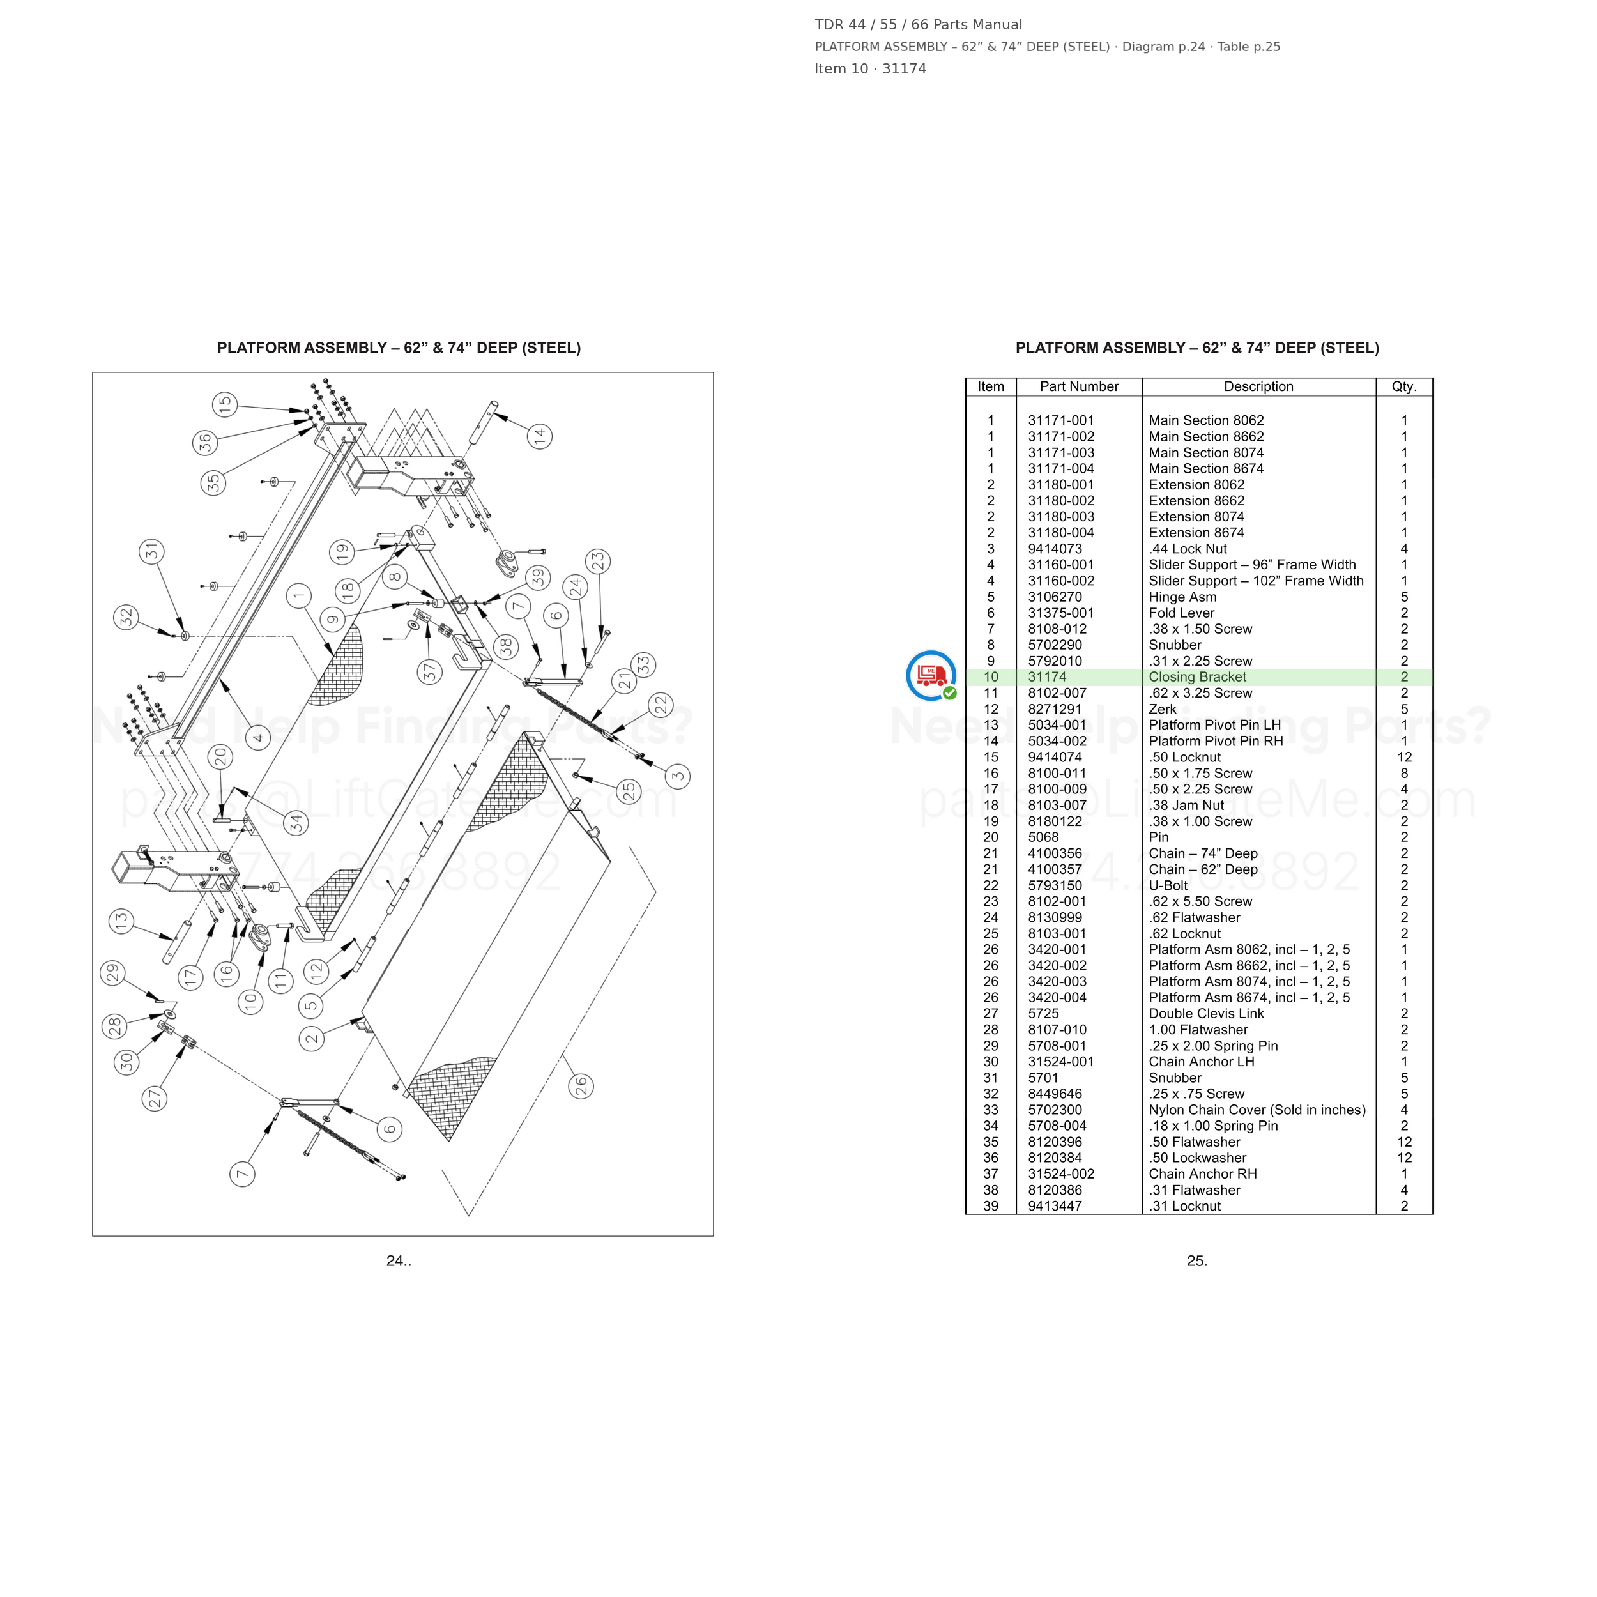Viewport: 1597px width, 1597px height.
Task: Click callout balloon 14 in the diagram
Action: click(x=540, y=436)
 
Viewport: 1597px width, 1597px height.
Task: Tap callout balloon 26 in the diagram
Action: click(x=581, y=1085)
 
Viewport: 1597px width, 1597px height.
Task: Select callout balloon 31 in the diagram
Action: click(x=151, y=551)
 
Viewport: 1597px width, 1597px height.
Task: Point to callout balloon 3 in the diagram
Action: click(x=678, y=776)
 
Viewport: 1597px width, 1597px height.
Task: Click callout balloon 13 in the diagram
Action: click(x=121, y=921)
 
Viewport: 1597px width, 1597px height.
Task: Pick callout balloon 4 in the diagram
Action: click(x=258, y=737)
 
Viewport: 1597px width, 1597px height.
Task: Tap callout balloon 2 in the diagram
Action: click(x=312, y=1038)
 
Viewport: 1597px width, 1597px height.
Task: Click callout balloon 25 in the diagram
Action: click(x=629, y=791)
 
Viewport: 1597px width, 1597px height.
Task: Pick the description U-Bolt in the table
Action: click(x=1168, y=885)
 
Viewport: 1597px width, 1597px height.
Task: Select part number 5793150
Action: click(x=1055, y=885)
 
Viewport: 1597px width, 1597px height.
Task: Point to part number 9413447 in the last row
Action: click(x=1055, y=1206)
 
